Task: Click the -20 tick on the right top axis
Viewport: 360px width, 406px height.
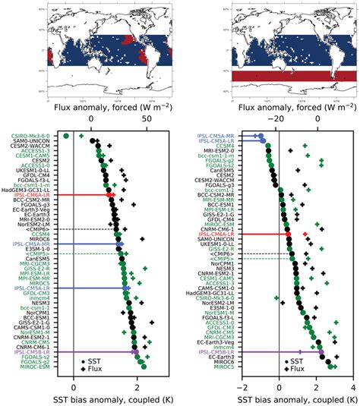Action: [x=279, y=120]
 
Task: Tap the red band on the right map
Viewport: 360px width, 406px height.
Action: [x=292, y=77]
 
